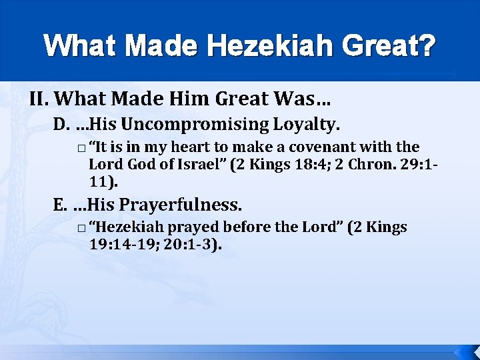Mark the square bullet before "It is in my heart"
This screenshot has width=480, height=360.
click(80, 148)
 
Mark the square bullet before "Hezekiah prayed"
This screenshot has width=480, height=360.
click(80, 229)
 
